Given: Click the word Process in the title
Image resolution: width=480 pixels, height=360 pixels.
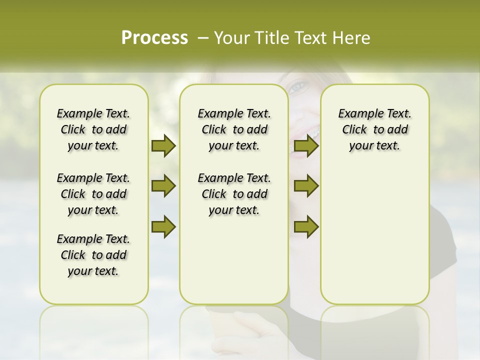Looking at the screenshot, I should [154, 38].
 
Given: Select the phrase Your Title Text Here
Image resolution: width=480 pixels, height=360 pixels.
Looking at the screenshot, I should [292, 38].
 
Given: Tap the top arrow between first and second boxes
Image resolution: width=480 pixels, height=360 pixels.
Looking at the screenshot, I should [163, 145].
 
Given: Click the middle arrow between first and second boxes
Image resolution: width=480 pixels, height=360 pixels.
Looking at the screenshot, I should [163, 186].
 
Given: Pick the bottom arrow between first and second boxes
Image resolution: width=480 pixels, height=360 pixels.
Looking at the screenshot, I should [163, 227].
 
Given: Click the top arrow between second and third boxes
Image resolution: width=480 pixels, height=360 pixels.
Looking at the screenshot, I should [306, 145].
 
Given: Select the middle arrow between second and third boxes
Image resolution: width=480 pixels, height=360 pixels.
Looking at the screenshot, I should [306, 186].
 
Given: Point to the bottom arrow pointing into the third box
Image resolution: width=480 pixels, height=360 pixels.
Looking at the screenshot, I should [306, 227].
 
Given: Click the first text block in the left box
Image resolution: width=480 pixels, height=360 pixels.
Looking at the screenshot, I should [93, 129].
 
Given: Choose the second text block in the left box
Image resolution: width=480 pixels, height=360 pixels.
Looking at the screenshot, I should [93, 194].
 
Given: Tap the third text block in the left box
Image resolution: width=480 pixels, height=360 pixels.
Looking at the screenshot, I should [93, 255].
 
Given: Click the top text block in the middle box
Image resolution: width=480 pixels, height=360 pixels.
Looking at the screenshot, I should [234, 129].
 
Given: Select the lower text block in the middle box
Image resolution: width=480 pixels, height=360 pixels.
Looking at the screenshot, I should [234, 194].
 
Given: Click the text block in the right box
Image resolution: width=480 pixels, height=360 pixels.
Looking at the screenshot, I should [374, 129].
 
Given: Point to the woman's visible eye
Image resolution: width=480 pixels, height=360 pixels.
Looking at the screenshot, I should [297, 88].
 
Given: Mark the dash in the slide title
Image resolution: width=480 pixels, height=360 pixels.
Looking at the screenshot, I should [203, 38].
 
